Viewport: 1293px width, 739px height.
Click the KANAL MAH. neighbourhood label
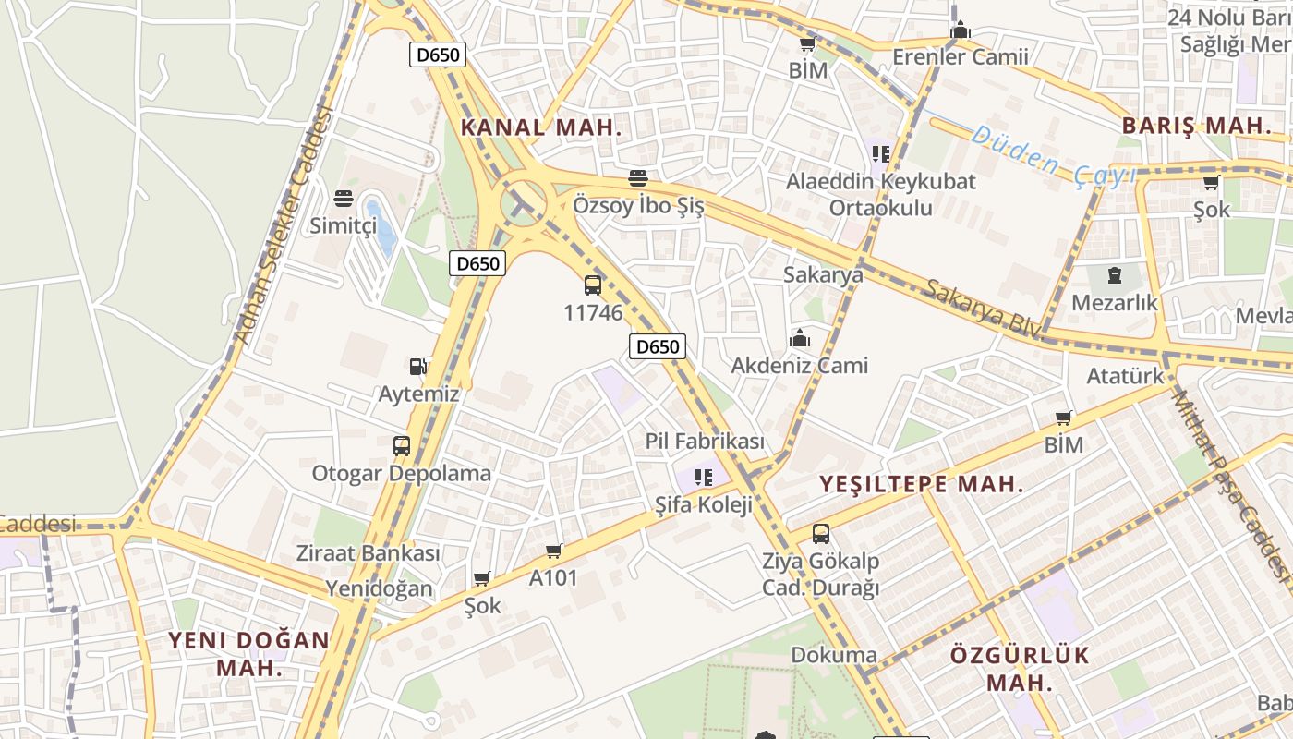541,127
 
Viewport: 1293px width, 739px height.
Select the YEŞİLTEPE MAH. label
922,484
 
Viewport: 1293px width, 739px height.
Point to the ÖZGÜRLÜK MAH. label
1020,669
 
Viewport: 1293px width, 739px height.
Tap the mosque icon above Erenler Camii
961,30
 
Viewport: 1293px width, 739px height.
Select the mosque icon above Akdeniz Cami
800,339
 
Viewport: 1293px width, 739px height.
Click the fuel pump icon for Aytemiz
418,367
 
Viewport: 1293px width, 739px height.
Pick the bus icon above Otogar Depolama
402,446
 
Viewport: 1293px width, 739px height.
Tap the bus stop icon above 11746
593,285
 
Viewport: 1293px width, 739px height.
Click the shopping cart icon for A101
554,551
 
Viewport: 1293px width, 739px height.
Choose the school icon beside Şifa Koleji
705,478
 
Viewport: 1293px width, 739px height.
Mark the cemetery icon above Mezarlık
1115,274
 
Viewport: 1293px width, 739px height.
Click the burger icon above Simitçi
344,199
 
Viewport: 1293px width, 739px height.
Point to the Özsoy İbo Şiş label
638,205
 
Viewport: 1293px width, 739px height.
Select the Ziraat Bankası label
368,553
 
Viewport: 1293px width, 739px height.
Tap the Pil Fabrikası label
705,442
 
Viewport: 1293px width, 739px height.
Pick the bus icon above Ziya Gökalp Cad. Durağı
821,533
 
